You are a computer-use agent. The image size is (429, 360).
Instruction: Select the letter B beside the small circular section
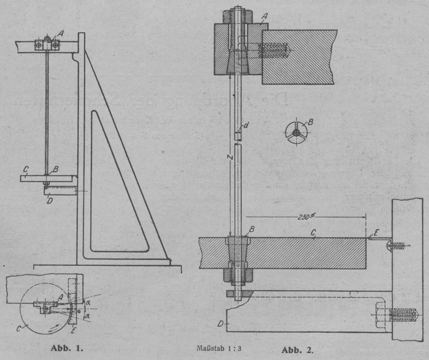pyautogui.click(x=311, y=122)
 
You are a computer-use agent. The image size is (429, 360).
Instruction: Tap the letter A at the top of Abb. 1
pyautogui.click(x=62, y=33)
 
